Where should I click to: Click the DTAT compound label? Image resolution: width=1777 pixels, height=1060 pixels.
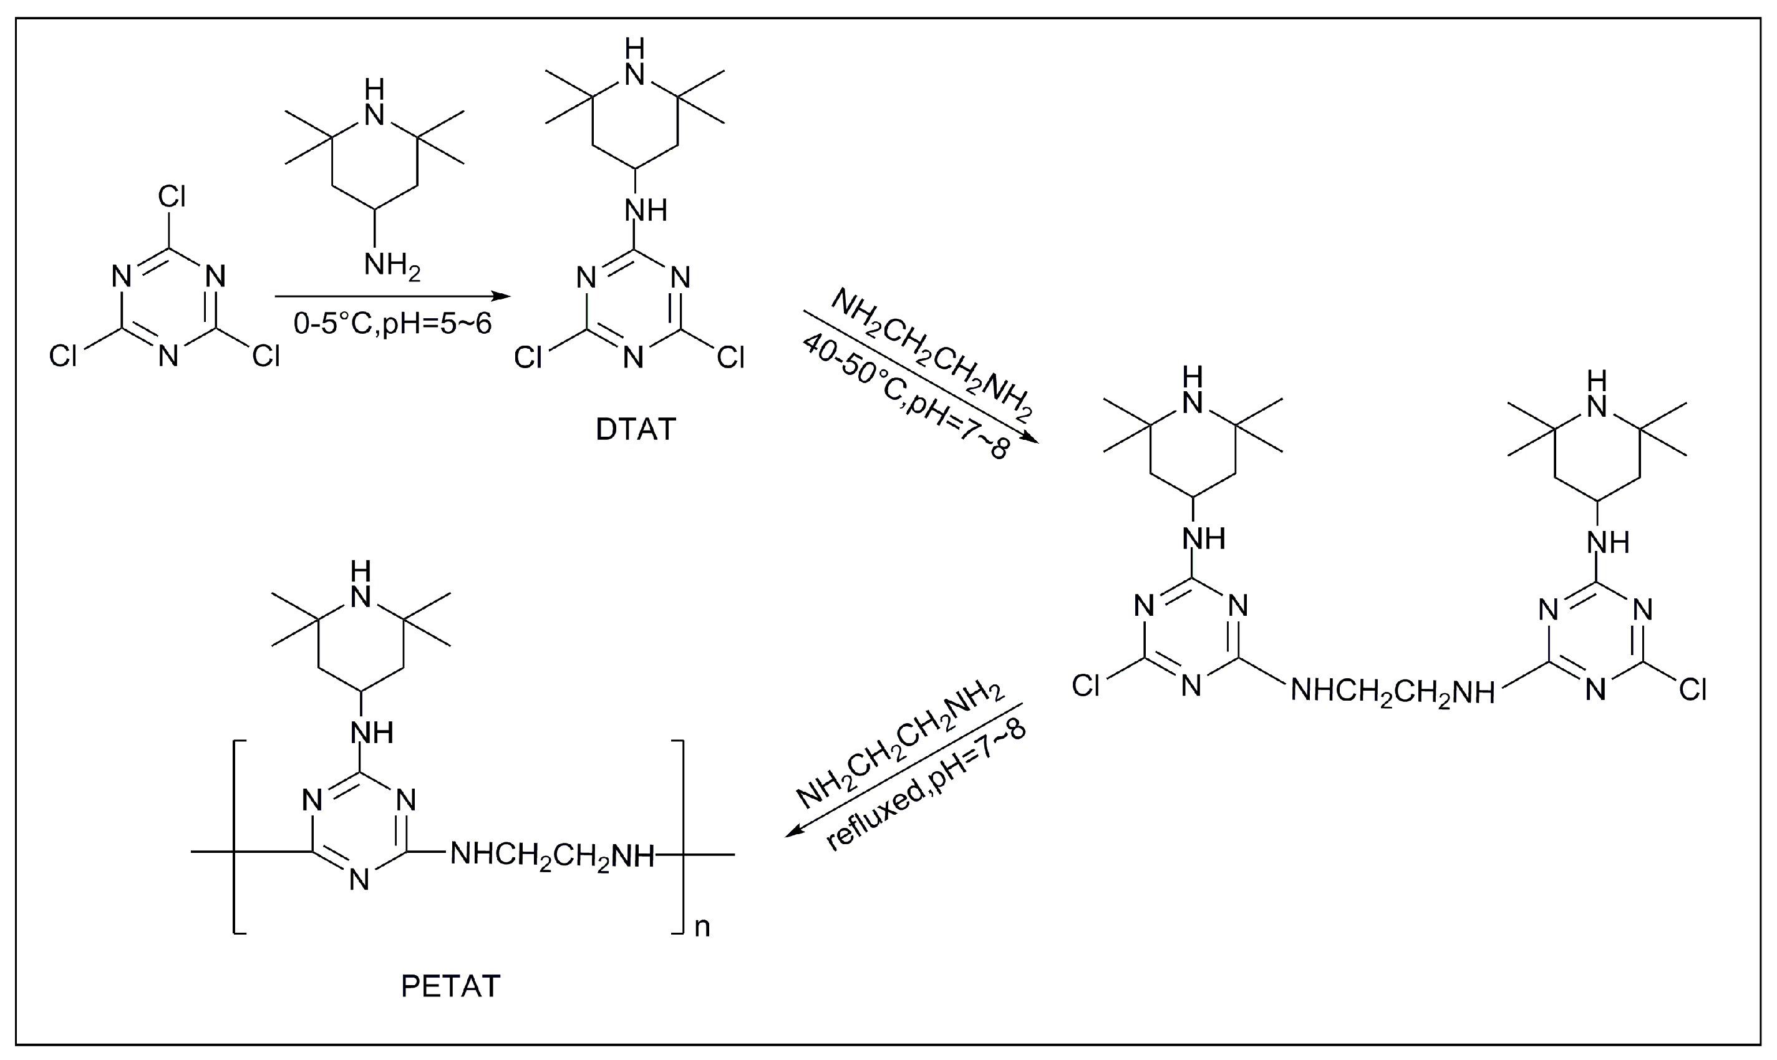coord(635,429)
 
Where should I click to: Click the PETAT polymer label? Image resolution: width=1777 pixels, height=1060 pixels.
coord(450,986)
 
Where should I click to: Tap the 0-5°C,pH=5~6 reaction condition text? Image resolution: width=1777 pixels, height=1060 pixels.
coord(393,324)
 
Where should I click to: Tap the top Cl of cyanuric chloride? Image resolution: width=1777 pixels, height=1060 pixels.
coord(172,196)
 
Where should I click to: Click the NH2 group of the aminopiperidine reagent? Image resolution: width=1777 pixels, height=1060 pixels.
coord(391,266)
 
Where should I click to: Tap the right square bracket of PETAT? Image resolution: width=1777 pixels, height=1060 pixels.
coord(678,837)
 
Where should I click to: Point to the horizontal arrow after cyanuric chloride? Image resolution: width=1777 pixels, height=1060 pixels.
coord(393,296)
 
